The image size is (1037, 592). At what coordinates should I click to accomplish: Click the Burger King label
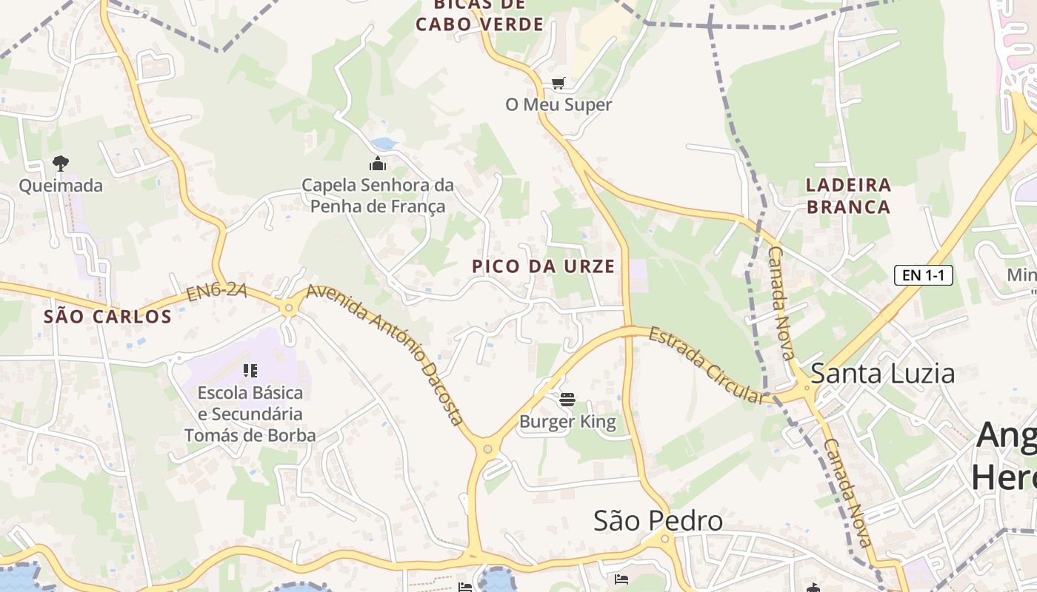point(567,423)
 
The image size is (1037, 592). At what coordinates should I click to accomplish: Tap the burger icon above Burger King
point(567,400)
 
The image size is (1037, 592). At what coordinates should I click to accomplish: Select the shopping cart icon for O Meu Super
point(558,84)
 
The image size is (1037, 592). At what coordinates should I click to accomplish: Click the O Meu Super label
point(558,105)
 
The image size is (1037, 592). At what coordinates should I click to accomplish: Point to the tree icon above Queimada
point(61,163)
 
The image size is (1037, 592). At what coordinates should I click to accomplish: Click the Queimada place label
point(61,186)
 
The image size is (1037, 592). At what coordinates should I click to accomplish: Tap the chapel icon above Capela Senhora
point(378,164)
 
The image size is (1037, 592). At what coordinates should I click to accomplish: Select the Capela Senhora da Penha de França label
point(378,195)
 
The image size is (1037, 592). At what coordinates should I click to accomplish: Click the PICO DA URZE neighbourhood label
point(544,266)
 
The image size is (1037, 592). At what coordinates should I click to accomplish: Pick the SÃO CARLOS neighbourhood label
point(108,317)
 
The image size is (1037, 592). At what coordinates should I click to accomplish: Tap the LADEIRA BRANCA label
point(848,195)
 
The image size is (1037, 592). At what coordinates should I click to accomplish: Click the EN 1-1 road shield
point(923,275)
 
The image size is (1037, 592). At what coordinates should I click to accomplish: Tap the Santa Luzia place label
point(883,374)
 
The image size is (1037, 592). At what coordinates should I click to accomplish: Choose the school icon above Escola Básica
point(250,370)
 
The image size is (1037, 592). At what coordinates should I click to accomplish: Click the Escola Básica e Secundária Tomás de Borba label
point(250,414)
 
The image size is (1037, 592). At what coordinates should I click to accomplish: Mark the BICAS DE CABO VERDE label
point(479,15)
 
